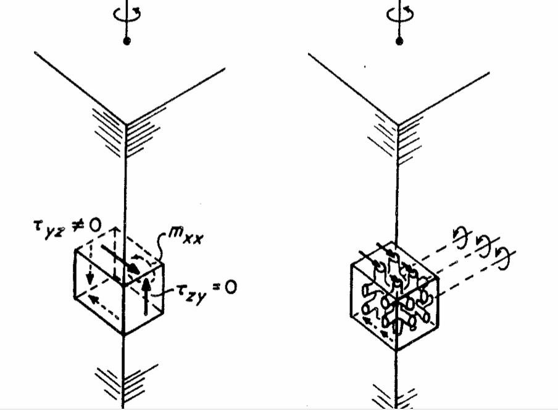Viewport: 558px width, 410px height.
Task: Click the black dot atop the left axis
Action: pyautogui.click(x=127, y=41)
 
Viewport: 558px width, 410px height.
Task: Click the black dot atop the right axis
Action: pyautogui.click(x=400, y=41)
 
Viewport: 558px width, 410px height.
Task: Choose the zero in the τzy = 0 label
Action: pyautogui.click(x=230, y=287)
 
